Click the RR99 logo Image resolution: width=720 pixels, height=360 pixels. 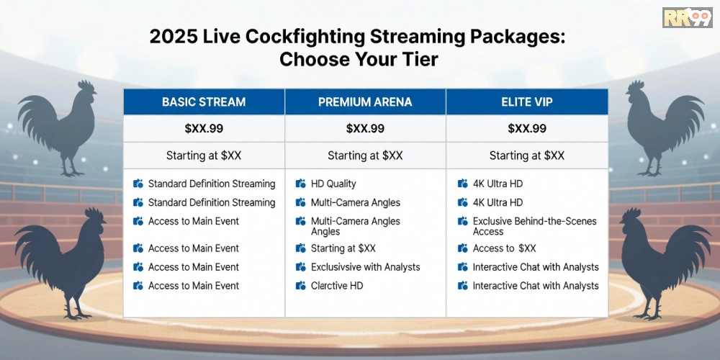tap(688, 17)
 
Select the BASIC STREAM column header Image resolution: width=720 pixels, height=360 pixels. tap(204, 102)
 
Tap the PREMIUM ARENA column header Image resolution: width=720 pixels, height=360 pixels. tap(365, 102)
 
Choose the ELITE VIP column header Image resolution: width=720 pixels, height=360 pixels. tap(527, 102)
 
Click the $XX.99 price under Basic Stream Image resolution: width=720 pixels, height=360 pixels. tap(204, 129)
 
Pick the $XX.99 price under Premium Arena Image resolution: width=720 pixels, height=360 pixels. tap(365, 129)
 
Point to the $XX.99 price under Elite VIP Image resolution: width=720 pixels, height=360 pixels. tap(527, 129)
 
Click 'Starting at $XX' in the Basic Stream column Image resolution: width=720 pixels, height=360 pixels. tap(204, 156)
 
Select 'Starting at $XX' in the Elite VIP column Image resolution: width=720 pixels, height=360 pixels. tap(527, 156)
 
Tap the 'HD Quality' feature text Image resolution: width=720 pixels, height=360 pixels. tap(333, 184)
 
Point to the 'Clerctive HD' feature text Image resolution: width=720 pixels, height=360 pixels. tap(336, 286)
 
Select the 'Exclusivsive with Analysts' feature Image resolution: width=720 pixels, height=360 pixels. tap(366, 267)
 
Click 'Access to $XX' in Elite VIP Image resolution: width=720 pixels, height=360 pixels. tap(504, 248)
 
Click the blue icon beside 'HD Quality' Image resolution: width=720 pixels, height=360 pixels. tap(301, 184)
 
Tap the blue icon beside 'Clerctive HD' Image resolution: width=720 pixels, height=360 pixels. tap(301, 286)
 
